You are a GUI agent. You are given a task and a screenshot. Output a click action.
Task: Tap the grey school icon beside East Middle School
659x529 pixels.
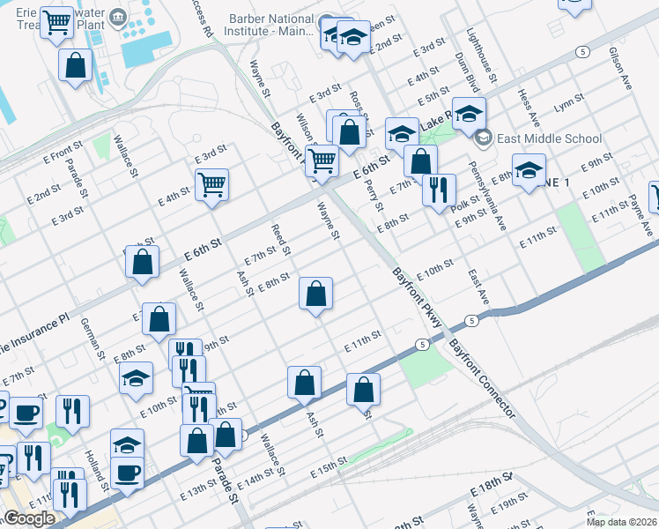pos(483,138)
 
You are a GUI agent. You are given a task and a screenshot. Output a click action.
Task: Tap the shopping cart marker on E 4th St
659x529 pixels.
pos(211,185)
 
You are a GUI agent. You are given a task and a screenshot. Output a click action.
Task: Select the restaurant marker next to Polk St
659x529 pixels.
pos(438,190)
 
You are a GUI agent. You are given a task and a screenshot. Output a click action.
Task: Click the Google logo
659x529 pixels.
pos(28,518)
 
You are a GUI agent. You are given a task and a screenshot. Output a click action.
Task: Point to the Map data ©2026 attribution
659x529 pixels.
pos(621,522)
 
